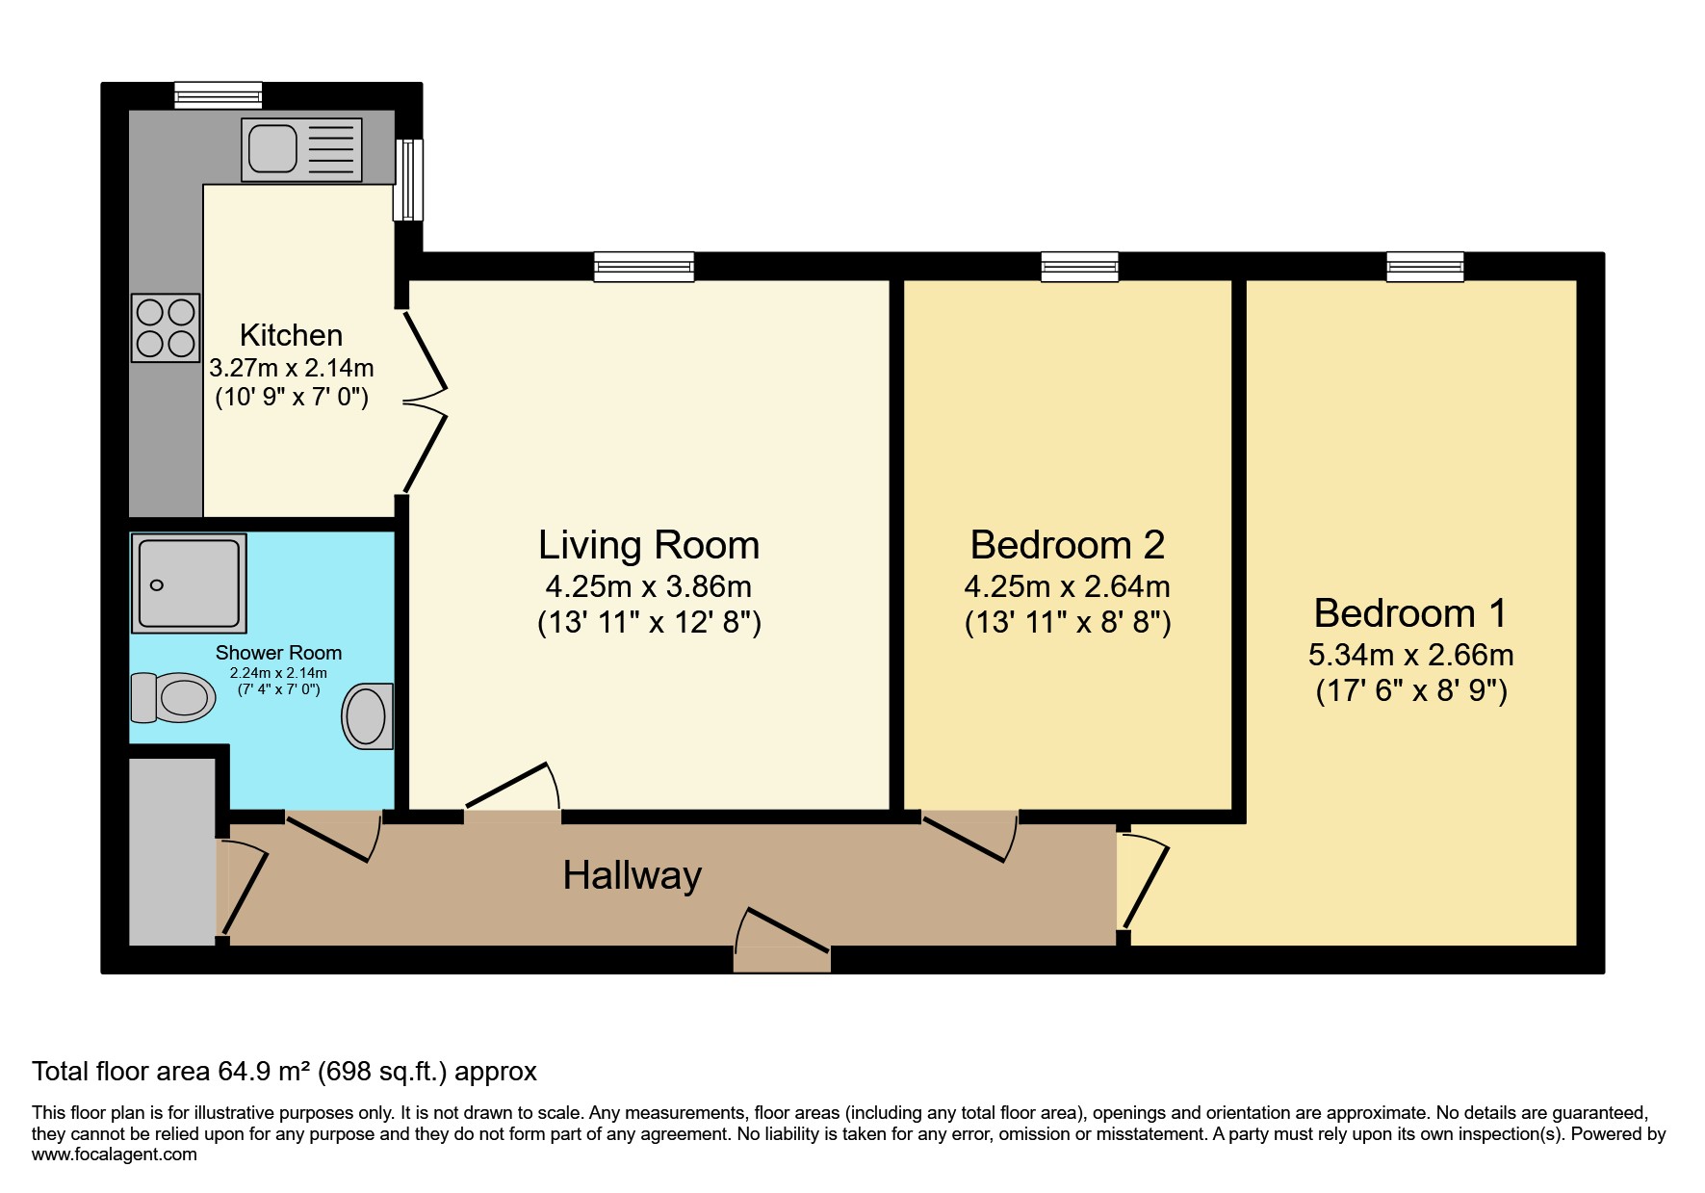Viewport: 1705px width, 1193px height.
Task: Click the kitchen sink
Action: (301, 150)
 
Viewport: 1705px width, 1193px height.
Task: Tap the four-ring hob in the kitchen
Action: (166, 327)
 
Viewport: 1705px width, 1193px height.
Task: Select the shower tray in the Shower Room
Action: (189, 584)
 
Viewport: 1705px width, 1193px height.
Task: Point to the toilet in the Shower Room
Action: (173, 697)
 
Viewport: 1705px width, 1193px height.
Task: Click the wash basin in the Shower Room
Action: (368, 716)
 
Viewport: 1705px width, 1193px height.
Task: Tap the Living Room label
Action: (649, 545)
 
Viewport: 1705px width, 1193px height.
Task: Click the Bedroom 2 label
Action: (1068, 545)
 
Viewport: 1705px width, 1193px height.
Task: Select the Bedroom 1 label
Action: (1410, 613)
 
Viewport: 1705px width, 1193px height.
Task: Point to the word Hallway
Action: (633, 875)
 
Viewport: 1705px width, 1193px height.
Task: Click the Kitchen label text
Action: (291, 335)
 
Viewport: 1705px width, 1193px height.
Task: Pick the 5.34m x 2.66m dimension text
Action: (1410, 655)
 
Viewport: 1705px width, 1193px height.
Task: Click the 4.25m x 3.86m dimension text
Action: (649, 586)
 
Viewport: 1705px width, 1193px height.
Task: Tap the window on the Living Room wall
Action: (644, 267)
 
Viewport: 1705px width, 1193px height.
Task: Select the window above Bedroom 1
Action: (1425, 267)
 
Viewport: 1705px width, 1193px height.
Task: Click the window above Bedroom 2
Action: (1080, 267)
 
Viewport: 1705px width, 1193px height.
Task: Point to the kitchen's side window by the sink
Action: (408, 180)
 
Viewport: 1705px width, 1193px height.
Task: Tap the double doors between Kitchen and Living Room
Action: (425, 402)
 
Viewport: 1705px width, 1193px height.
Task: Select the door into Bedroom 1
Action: (1143, 883)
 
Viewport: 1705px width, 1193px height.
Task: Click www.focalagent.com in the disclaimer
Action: (115, 1154)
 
